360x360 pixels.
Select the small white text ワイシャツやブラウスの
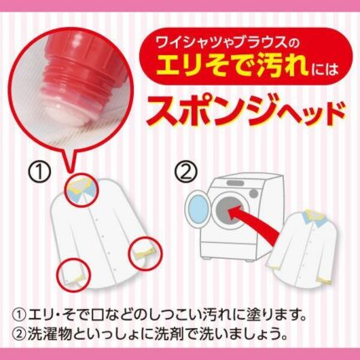pyautogui.click(x=224, y=44)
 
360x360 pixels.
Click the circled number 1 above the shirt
pyautogui.click(x=40, y=172)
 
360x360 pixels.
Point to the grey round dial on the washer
pyautogui.click(x=254, y=193)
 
